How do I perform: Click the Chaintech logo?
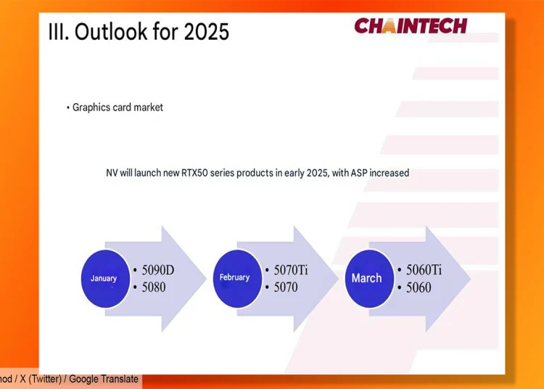click(411, 26)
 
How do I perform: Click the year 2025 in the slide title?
click(207, 32)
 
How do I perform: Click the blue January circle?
click(105, 279)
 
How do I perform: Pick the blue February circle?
click(237, 279)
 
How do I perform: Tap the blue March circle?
click(369, 279)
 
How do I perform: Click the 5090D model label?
click(158, 270)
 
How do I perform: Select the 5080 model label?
click(154, 287)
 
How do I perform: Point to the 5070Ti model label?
click(291, 270)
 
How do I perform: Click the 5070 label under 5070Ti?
click(286, 287)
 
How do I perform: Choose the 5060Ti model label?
click(424, 270)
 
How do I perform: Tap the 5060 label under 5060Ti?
click(419, 287)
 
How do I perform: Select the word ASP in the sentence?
click(359, 173)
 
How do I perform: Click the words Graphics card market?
click(118, 107)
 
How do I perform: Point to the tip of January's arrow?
click(207, 278)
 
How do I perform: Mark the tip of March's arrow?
click(471, 278)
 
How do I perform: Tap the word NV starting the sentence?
click(112, 173)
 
